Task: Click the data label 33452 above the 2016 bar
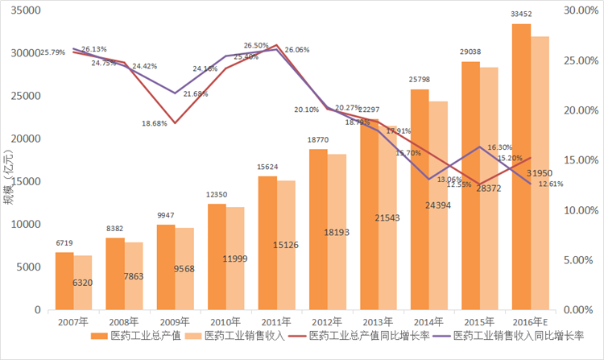point(521,14)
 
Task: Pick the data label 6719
point(64,242)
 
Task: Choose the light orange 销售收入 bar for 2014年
point(437,205)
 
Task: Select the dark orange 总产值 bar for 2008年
point(114,274)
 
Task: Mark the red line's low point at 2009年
point(175,123)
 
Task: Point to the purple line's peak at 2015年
point(480,147)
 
